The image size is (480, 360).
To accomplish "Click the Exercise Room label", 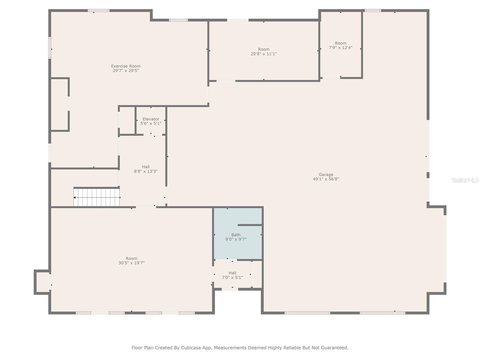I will (125, 66).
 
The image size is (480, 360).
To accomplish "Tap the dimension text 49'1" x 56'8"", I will (326, 179).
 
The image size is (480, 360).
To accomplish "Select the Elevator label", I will (151, 119).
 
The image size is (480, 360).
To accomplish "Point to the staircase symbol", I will (97, 197).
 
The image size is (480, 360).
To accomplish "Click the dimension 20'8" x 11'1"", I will (264, 54).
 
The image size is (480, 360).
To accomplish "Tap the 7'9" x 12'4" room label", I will (340, 45).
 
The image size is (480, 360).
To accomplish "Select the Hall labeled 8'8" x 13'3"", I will (145, 169).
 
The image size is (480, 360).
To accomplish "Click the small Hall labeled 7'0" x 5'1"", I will (232, 275).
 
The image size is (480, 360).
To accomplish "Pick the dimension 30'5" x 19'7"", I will (131, 263).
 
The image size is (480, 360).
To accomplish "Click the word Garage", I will (326, 174).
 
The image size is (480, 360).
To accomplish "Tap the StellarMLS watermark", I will (465, 180).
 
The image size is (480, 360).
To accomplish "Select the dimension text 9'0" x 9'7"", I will (236, 239).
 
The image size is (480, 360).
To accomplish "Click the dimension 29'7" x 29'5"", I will (125, 71).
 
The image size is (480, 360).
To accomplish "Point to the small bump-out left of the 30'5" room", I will (42, 282).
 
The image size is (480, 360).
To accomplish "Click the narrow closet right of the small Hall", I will (257, 274).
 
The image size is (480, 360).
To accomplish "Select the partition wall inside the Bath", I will (250, 225).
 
